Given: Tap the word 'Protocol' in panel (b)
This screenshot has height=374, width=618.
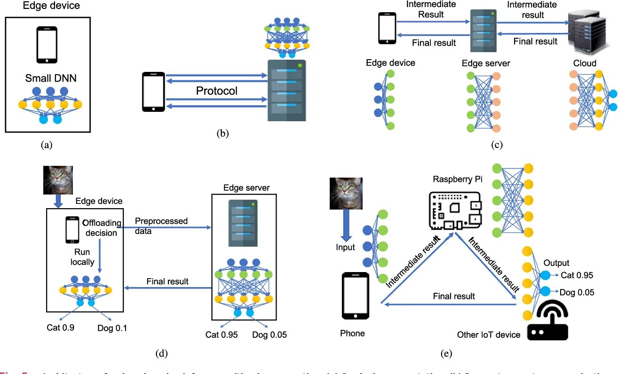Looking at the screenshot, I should (216, 91).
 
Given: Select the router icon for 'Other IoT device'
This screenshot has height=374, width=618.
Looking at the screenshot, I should (547, 321).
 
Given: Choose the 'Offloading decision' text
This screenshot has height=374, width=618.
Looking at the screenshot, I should (102, 227).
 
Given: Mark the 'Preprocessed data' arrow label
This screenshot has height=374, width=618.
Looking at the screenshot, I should (161, 226).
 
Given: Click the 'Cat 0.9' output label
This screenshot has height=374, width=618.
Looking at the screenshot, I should (60, 327).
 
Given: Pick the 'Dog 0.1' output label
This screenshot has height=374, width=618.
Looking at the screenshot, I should (111, 327).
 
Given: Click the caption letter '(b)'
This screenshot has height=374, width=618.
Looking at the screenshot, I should (222, 133).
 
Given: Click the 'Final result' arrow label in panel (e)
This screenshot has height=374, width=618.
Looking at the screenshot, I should (454, 296).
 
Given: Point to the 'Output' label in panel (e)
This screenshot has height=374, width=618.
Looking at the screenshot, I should (556, 263).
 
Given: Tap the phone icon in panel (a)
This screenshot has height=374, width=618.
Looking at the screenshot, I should (47, 45).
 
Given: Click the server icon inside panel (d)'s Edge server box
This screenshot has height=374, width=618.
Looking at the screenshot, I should (242, 222).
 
